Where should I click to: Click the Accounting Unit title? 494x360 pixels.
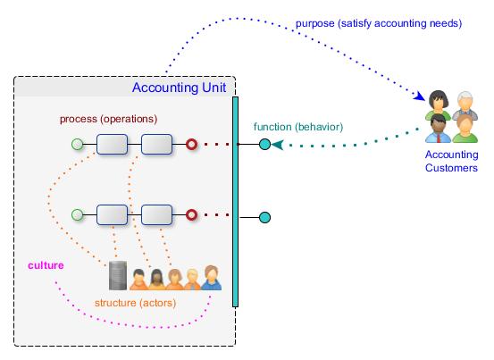point(179,88)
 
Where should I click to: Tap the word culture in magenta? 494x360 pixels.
point(46,265)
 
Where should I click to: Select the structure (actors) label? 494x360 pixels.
point(135,303)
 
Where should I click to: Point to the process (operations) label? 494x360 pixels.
point(108,119)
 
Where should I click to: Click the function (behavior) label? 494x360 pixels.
point(298,127)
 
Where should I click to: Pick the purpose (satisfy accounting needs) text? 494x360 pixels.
point(379,23)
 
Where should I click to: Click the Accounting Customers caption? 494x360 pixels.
point(451,161)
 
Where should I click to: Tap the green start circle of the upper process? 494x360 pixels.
point(77,144)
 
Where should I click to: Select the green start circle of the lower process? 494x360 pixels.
point(77,214)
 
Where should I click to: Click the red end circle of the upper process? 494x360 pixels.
point(191,144)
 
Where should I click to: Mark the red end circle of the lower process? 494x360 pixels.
point(191,214)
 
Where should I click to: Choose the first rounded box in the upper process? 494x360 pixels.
point(113,144)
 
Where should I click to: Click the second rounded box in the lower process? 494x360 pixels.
point(157,214)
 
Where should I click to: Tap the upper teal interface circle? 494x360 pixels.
point(265,144)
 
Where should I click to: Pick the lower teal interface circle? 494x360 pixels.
point(265,217)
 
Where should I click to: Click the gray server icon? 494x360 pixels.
point(118,276)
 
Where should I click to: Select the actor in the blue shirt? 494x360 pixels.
point(212,278)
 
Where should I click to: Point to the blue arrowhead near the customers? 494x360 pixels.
point(420,96)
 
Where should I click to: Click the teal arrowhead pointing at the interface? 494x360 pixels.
point(277,145)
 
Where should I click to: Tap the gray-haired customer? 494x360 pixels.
point(465,105)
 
